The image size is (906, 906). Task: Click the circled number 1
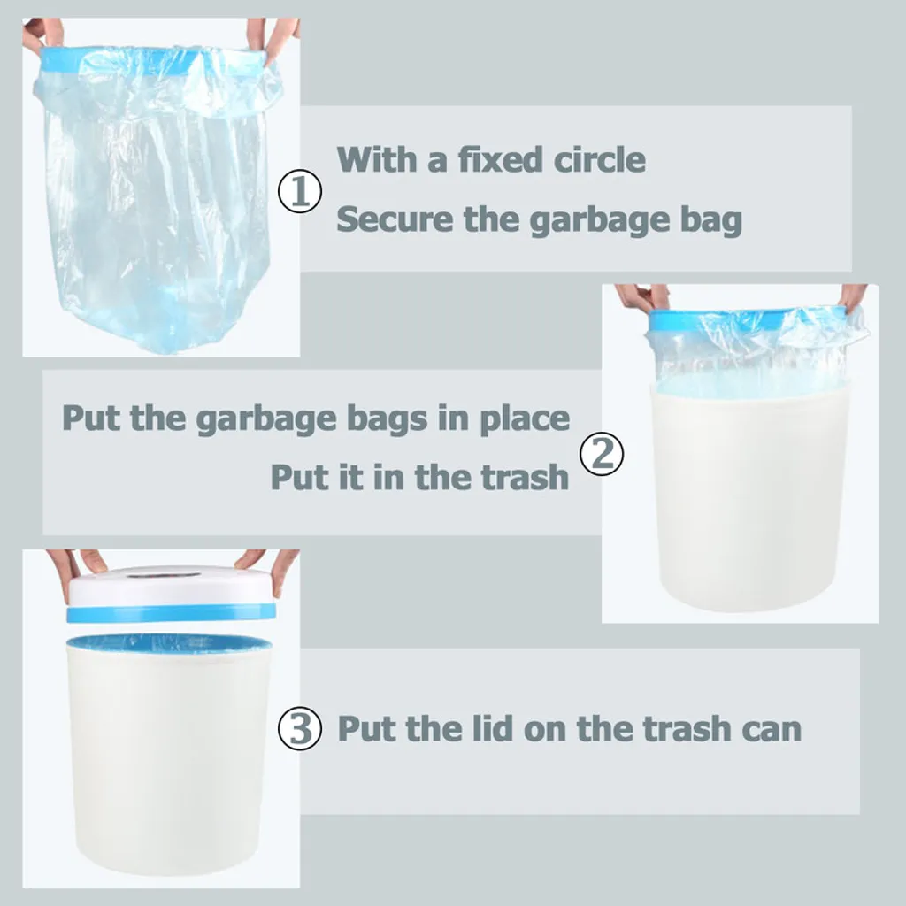[300, 191]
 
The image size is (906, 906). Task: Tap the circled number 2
[602, 454]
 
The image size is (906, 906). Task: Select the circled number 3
[300, 728]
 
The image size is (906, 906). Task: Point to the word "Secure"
[395, 219]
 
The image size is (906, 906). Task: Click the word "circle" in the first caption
[599, 159]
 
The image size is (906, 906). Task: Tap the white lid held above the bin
[171, 586]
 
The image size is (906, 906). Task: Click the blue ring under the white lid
[171, 613]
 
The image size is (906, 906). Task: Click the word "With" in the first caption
[377, 159]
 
